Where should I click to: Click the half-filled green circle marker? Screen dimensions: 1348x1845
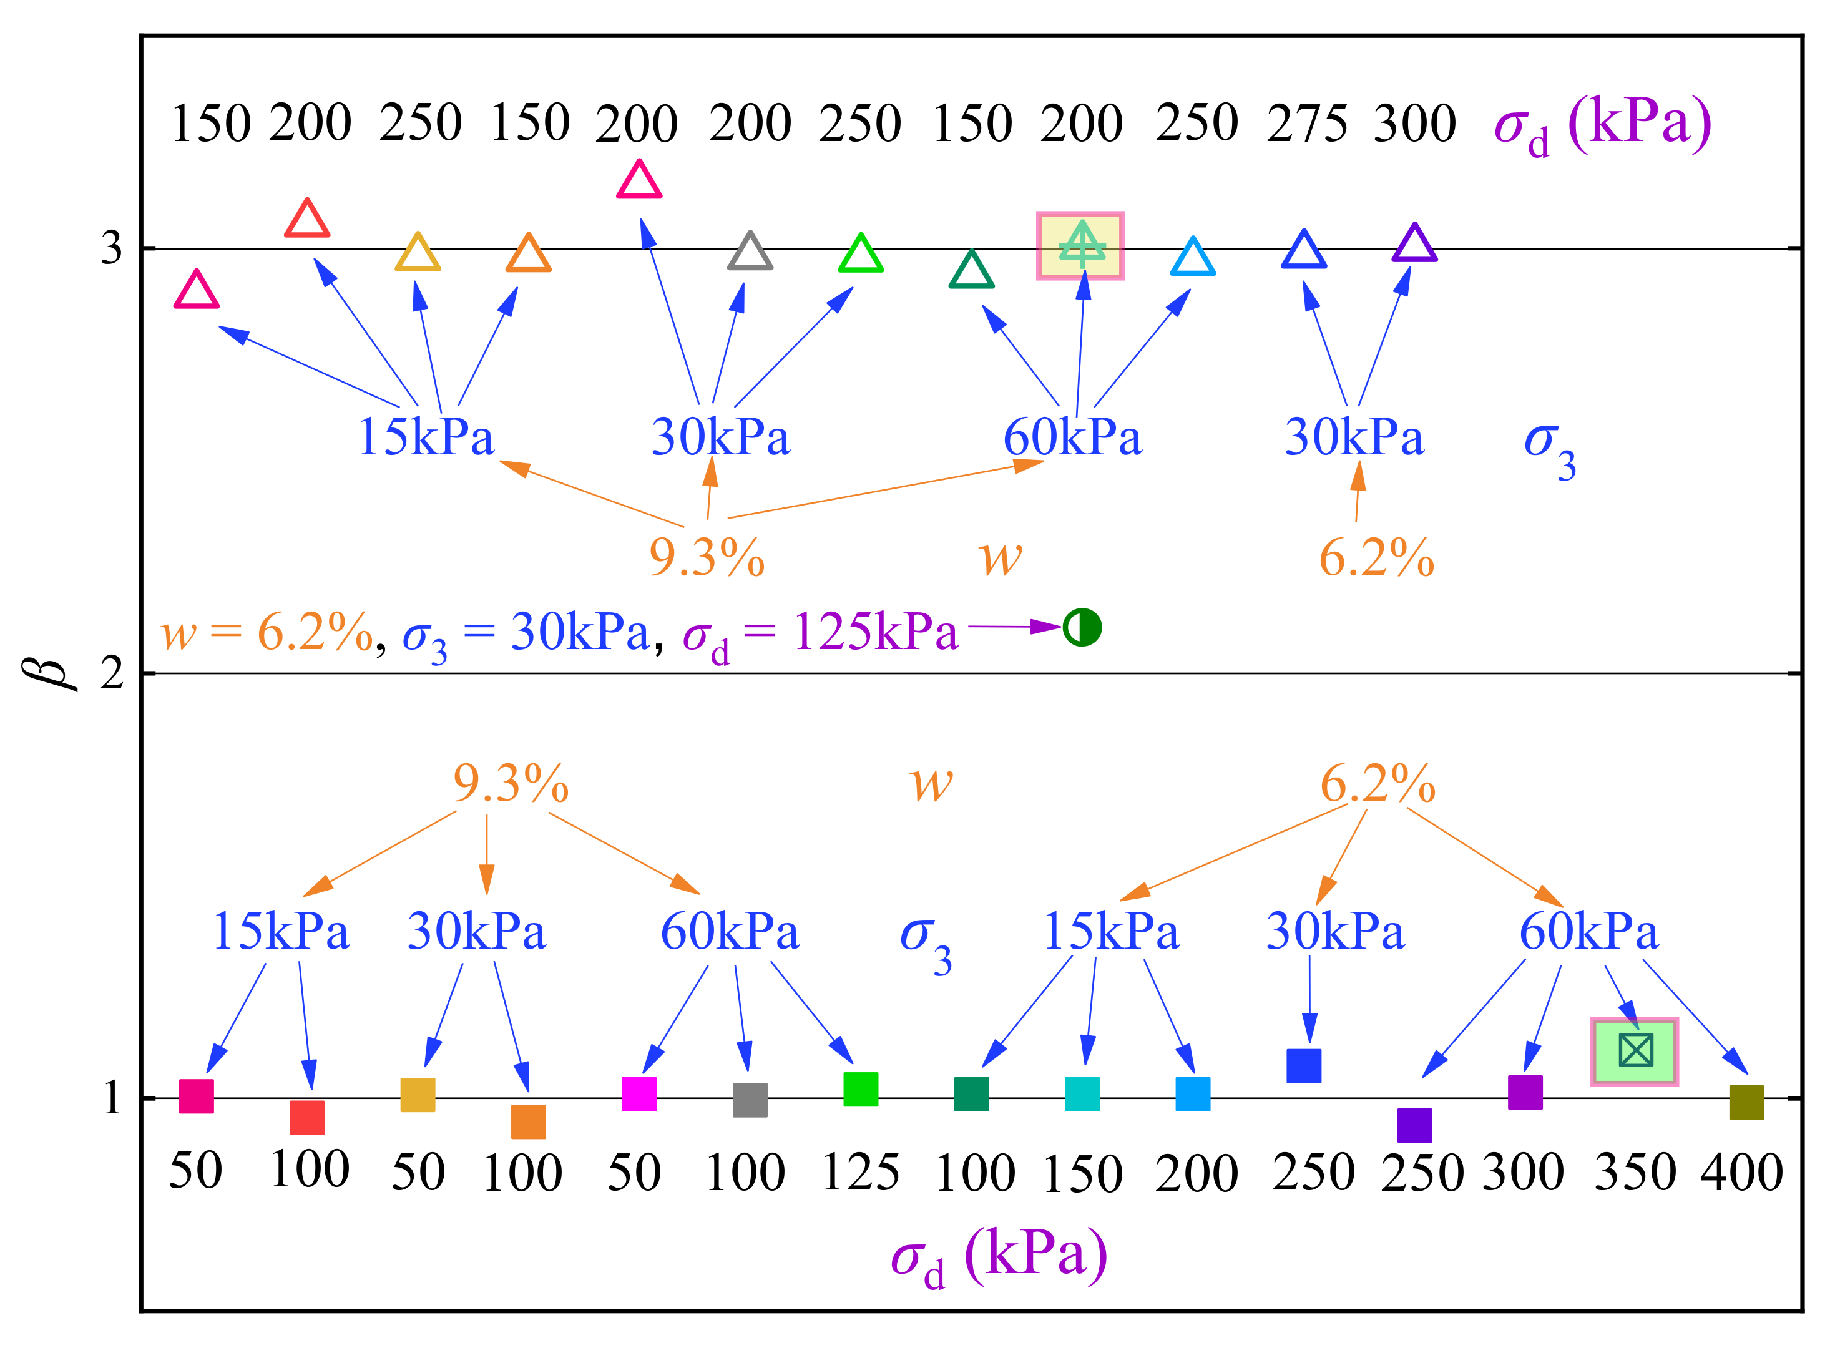click(1082, 627)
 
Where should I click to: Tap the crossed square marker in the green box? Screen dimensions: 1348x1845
click(1635, 1051)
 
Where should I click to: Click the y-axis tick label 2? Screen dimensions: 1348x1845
click(112, 673)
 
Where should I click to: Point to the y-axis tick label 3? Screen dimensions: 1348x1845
click(112, 247)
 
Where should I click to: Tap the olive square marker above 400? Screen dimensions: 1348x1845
click(1746, 1101)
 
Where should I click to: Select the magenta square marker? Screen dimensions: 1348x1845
click(639, 1094)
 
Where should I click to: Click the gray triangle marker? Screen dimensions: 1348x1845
click(750, 252)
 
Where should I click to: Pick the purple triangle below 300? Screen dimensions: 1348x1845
click(1414, 244)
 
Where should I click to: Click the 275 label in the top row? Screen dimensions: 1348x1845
click(1306, 124)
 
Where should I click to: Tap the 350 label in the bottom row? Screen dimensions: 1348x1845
click(1635, 1173)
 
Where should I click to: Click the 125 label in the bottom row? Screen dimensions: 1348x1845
click(861, 1173)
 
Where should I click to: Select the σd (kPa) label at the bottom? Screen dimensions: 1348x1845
click(999, 1258)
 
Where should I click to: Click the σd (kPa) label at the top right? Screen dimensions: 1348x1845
click(1602, 125)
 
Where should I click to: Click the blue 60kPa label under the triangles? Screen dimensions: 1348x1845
click(1072, 437)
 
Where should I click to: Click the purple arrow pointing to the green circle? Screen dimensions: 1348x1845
click(1014, 627)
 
